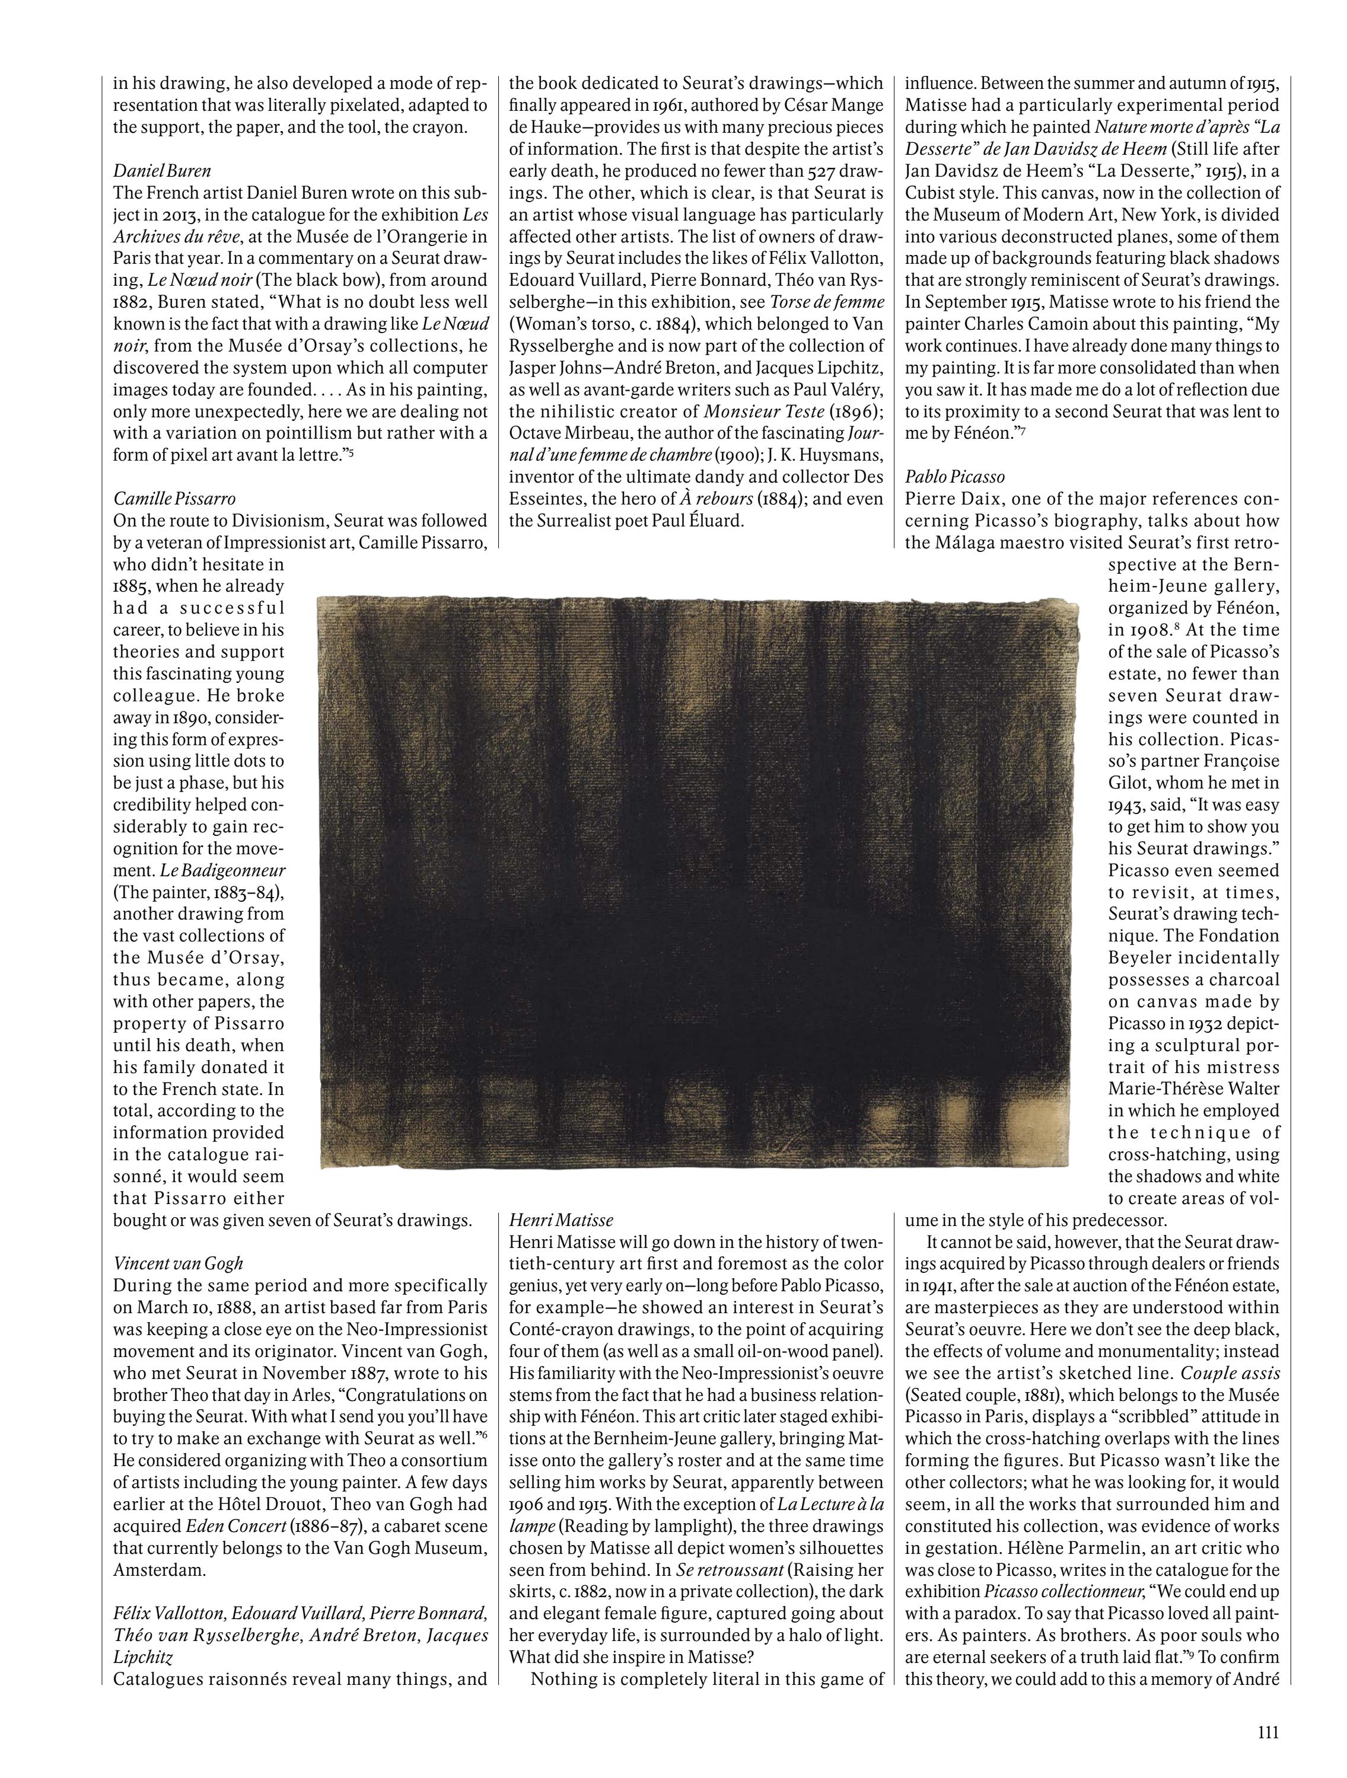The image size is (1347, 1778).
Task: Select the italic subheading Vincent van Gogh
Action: [x=178, y=1263]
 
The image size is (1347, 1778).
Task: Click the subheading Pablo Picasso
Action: [x=954, y=477]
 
